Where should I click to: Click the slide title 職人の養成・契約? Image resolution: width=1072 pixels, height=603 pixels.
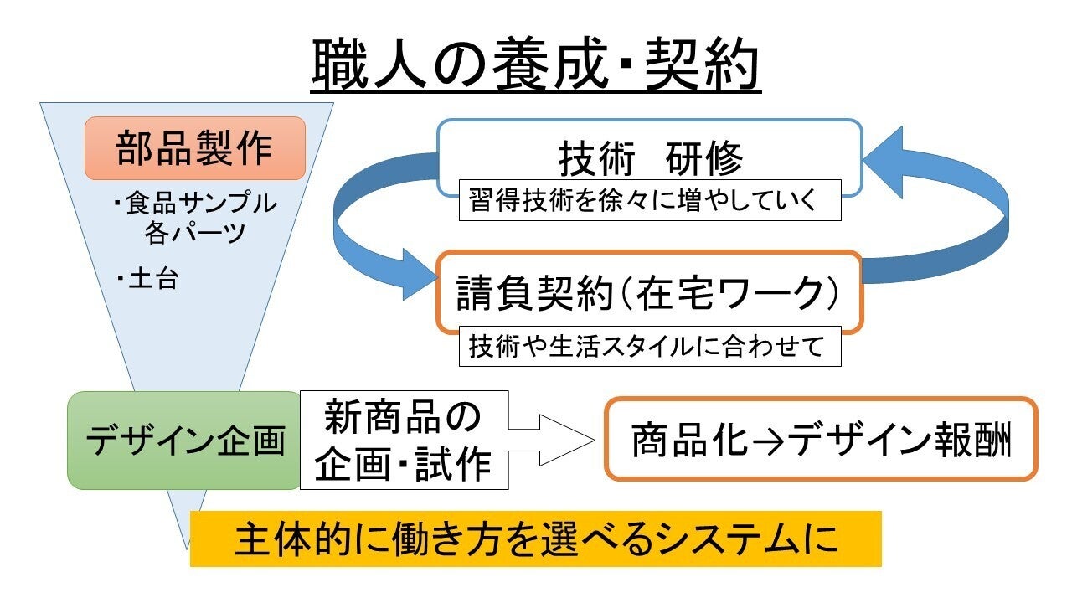tap(536, 65)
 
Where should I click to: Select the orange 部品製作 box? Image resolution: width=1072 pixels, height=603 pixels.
tap(194, 148)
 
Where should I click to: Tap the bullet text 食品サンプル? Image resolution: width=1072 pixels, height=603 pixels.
tap(201, 204)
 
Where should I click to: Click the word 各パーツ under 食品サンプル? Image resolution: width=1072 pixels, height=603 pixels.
tap(194, 232)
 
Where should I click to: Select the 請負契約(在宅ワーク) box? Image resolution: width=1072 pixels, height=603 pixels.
tap(649, 292)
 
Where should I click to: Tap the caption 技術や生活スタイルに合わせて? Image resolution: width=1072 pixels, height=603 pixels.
tap(649, 346)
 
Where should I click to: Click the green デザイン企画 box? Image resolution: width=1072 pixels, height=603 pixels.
tap(184, 441)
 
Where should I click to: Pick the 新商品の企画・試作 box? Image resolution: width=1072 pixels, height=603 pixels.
tap(404, 441)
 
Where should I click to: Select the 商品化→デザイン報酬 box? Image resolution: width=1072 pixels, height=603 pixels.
tap(821, 440)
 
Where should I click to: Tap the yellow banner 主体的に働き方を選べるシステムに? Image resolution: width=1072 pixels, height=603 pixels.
tap(536, 539)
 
